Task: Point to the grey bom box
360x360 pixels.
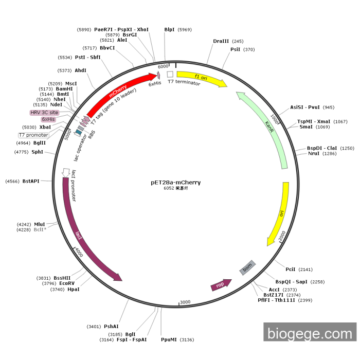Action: (x=247, y=267)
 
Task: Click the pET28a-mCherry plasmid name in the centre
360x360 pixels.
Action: (x=176, y=182)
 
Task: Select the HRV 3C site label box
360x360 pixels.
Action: (x=44, y=112)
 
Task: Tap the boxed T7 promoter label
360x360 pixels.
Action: (x=33, y=135)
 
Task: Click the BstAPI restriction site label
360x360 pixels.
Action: (x=31, y=181)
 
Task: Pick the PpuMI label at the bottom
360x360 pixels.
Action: (x=169, y=339)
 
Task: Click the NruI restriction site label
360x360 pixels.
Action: (x=313, y=153)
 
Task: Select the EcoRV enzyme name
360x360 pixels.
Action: (x=67, y=283)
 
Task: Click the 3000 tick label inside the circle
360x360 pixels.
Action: (x=186, y=302)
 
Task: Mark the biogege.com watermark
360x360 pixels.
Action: (x=310, y=333)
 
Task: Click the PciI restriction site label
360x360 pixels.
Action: (x=291, y=269)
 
